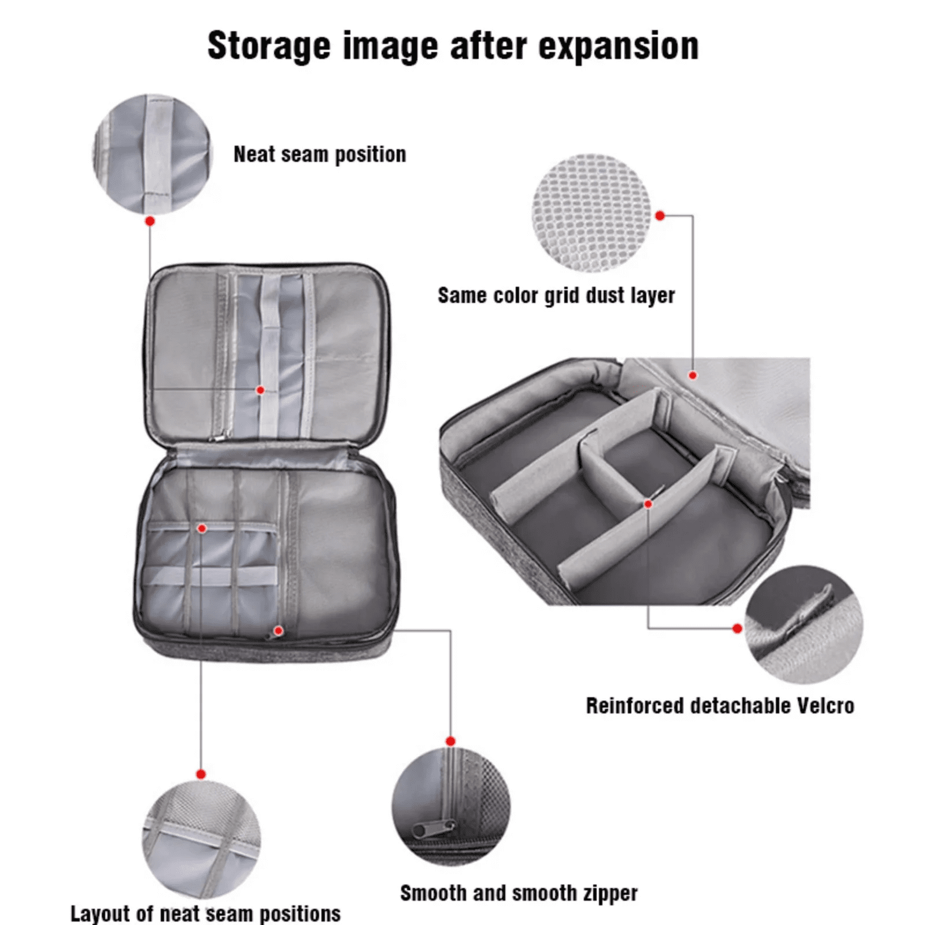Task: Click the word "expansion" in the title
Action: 619,46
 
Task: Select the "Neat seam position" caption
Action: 320,155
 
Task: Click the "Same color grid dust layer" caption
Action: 556,295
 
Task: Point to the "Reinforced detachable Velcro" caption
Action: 720,706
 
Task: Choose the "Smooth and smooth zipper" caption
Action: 519,893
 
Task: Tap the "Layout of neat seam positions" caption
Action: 205,914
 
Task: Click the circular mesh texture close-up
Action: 591,213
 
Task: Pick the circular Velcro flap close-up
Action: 804,625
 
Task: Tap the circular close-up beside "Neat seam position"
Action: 152,154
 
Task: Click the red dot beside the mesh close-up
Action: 660,216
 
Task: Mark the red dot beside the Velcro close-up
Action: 737,628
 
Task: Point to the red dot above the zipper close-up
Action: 451,741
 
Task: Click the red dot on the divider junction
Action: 648,504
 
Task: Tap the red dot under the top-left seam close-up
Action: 150,221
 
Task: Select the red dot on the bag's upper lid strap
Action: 261,390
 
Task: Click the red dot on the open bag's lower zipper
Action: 278,631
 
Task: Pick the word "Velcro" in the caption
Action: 825,706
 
